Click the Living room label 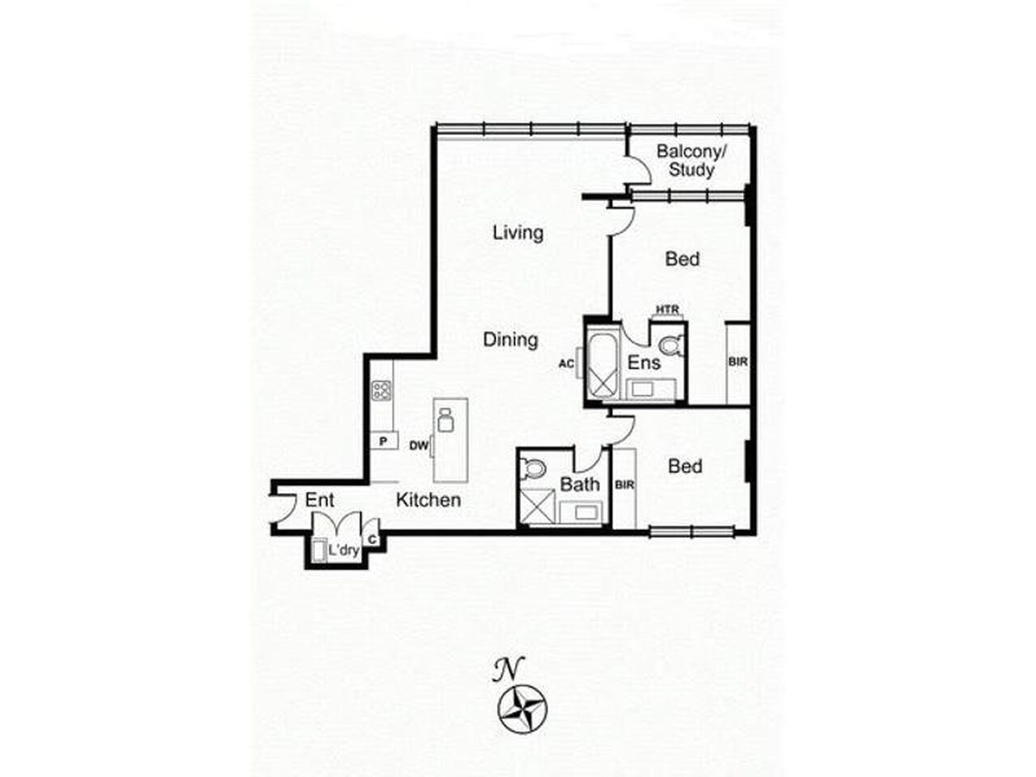[x=518, y=233]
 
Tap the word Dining [x=510, y=340]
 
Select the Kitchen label [x=428, y=499]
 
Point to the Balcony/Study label [x=691, y=160]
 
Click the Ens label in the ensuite [x=644, y=363]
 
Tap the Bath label [x=580, y=484]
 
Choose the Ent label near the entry [x=320, y=500]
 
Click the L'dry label [x=344, y=550]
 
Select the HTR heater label [x=667, y=310]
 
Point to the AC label [x=567, y=363]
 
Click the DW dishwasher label [x=419, y=445]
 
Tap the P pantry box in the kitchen [x=383, y=441]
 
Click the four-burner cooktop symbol [x=382, y=390]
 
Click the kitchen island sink [x=445, y=420]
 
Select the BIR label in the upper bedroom [x=738, y=362]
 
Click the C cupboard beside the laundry [x=372, y=539]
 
